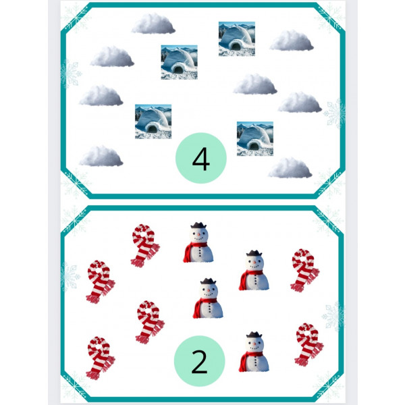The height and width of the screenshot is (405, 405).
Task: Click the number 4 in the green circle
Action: [201, 159]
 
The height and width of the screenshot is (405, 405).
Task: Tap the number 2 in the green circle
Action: [199, 362]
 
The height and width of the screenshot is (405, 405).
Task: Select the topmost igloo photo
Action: [237, 38]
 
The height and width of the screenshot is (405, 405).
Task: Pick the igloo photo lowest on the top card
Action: [255, 138]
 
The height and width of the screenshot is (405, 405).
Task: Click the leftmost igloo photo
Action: [153, 122]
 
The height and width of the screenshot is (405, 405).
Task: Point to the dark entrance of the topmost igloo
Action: [236, 47]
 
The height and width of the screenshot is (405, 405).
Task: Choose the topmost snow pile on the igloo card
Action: [153, 24]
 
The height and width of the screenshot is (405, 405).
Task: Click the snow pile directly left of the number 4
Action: [101, 156]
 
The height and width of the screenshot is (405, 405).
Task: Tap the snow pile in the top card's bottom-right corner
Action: [290, 168]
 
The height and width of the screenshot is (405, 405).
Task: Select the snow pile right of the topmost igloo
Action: [292, 40]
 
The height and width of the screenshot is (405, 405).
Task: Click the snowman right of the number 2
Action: [254, 352]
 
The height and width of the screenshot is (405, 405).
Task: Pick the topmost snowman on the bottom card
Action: [198, 242]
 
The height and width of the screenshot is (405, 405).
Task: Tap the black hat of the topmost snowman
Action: [198, 225]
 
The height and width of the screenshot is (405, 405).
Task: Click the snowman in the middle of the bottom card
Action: [208, 298]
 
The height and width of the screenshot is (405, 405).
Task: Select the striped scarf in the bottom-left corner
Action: [100, 358]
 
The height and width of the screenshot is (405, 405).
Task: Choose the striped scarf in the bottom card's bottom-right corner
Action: [308, 344]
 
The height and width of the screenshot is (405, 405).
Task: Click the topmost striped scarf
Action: [145, 246]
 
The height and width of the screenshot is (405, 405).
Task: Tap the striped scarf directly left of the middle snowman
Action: [150, 322]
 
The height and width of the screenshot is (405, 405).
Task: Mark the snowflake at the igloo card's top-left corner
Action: [76, 18]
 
